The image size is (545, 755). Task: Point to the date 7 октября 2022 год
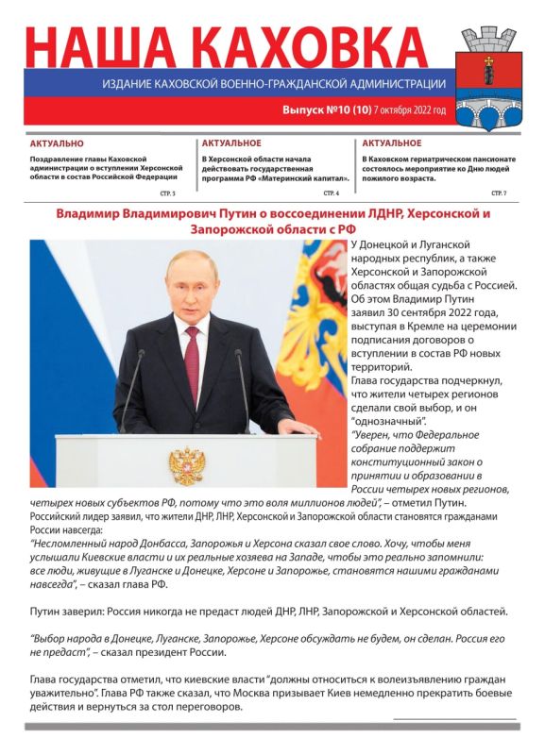(410, 110)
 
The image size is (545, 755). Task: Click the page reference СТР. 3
(167, 193)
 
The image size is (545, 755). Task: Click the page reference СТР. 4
(331, 193)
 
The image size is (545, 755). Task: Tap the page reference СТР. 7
(499, 193)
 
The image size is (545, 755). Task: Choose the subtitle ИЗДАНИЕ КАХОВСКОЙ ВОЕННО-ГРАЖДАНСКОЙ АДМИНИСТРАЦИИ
(274, 84)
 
